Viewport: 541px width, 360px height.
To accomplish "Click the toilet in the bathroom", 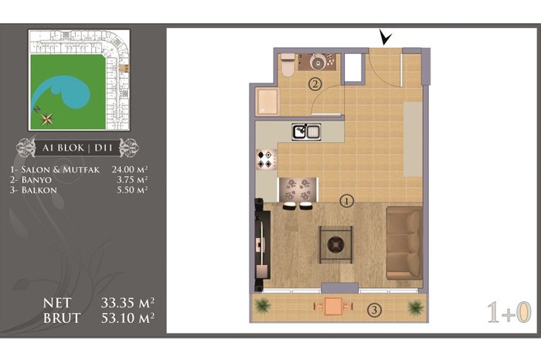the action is point(288,64).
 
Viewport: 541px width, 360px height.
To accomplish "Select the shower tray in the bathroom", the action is point(267,101).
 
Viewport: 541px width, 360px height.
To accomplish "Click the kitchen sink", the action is point(306,132).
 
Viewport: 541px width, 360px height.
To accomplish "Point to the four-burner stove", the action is point(267,159).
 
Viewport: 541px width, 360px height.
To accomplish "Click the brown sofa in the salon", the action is point(404,243).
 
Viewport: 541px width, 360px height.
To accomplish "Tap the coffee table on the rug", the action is point(335,244).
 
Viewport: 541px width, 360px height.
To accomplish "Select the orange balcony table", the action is point(333,306).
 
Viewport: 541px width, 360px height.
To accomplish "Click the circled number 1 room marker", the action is point(347,201).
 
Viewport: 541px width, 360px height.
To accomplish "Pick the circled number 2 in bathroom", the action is point(315,83).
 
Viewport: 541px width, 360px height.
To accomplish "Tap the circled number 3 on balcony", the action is point(374,310).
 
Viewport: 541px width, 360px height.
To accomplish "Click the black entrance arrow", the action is point(385,37).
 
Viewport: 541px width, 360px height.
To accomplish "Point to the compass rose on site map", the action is point(46,119).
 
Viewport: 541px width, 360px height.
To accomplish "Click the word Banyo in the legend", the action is point(36,180).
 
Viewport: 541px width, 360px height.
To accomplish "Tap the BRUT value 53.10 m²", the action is point(128,318).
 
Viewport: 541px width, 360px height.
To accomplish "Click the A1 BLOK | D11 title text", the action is point(77,148).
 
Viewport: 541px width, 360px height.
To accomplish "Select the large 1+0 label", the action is point(509,312).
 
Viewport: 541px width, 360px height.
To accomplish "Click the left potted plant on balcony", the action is point(263,306).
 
